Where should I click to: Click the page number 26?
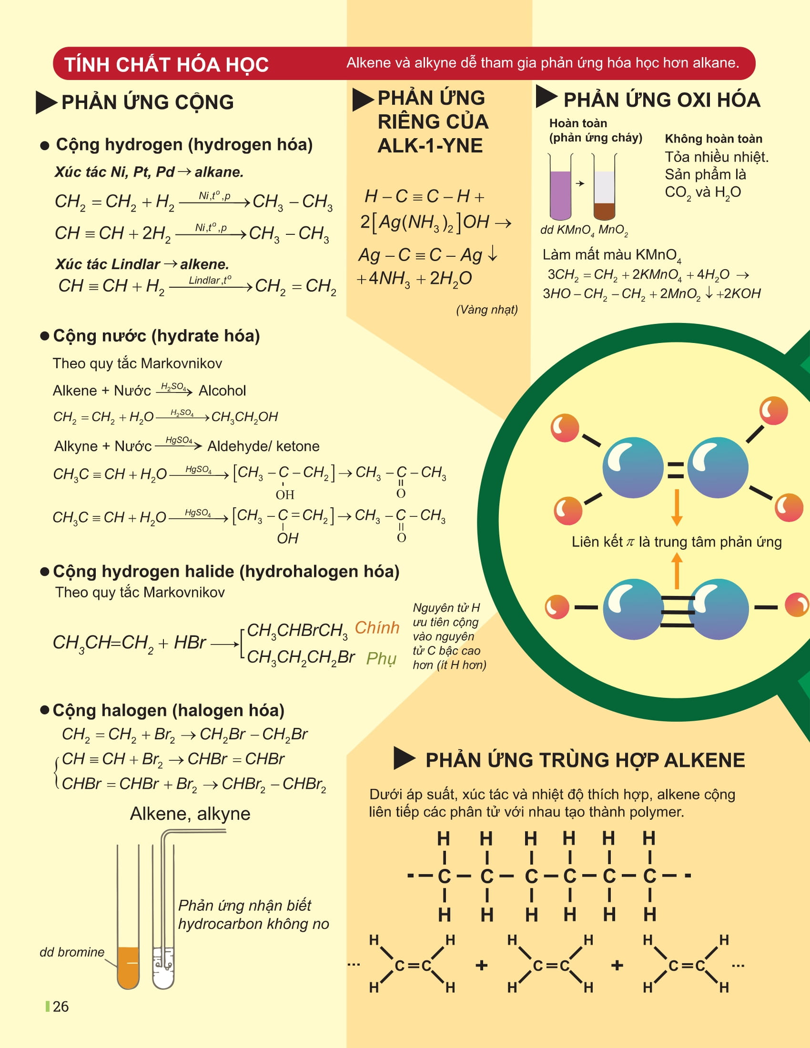(x=61, y=1006)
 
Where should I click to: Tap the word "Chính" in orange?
(x=377, y=628)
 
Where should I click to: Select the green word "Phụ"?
(x=381, y=658)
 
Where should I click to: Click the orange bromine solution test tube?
(x=128, y=967)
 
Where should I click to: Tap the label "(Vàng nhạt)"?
(x=486, y=310)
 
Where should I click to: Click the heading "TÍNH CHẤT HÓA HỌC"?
(x=166, y=64)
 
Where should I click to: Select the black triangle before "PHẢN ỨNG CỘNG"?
(x=46, y=102)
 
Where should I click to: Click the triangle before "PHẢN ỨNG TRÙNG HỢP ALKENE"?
(x=404, y=758)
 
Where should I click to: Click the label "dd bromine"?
(x=72, y=952)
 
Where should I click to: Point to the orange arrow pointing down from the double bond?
(x=677, y=507)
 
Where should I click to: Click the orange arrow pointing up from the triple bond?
(x=677, y=571)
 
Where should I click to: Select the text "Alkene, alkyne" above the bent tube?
(x=190, y=814)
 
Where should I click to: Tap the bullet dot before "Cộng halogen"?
(x=45, y=710)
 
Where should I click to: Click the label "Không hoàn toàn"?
(x=714, y=139)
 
